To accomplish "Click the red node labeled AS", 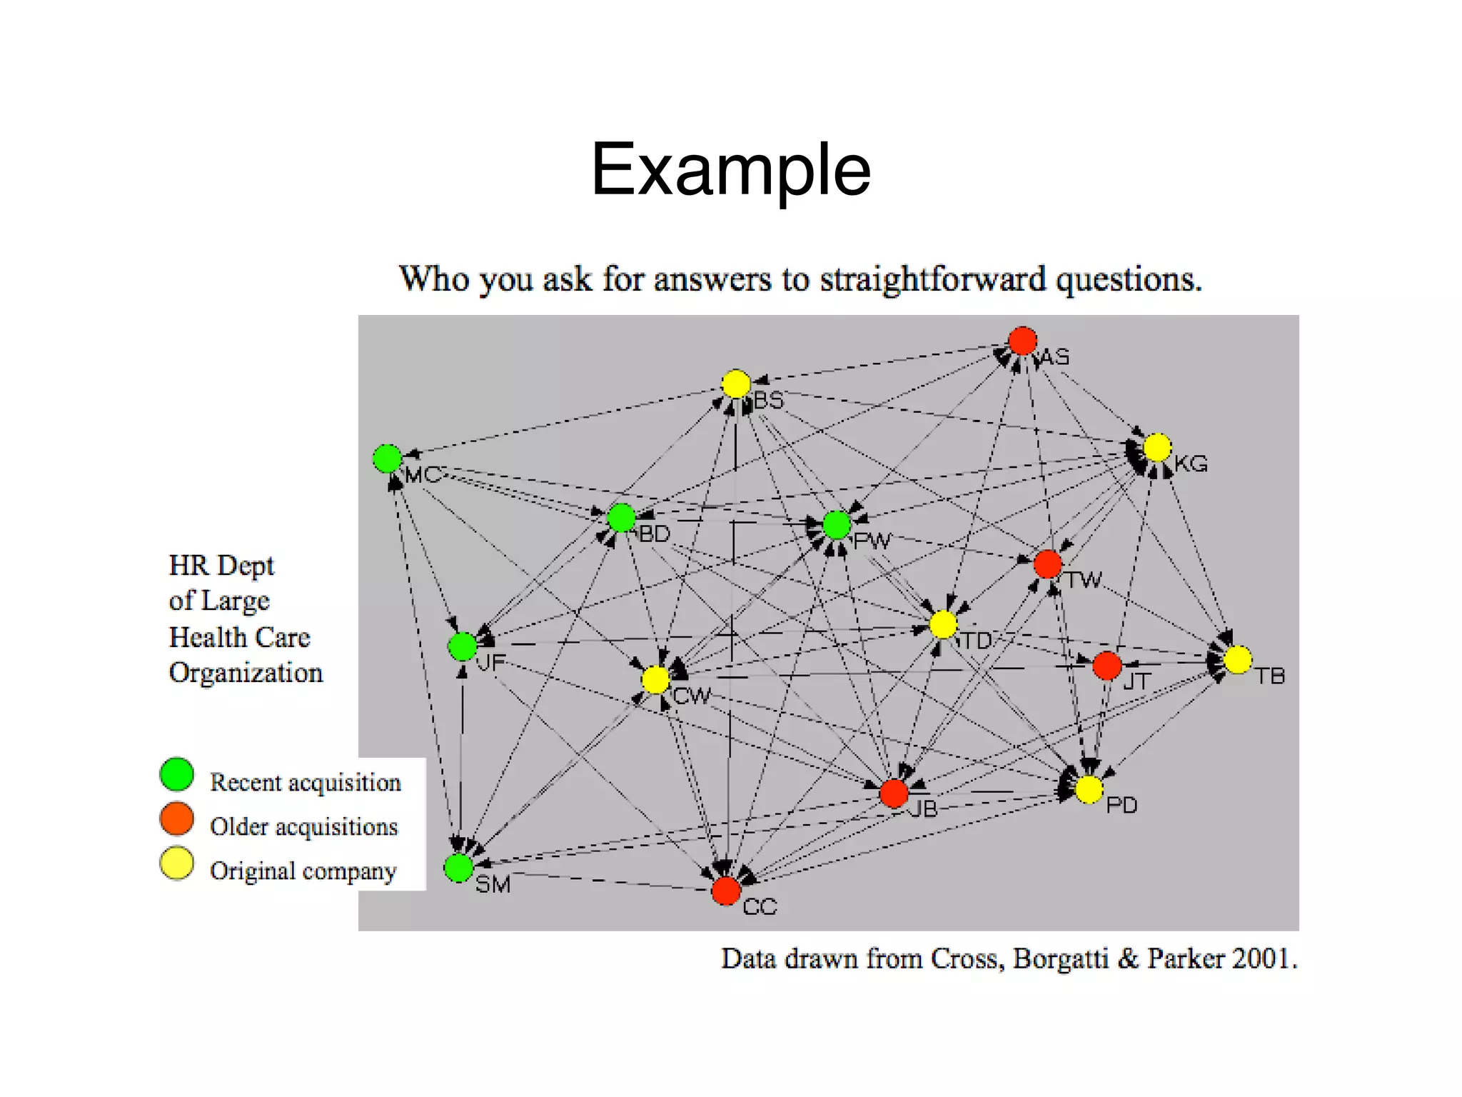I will (x=1022, y=341).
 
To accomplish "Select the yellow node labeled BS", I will (x=735, y=384).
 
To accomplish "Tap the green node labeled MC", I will (x=387, y=459).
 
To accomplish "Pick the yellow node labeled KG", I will (x=1156, y=448).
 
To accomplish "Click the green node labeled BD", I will (x=621, y=518).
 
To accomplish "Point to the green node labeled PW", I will (x=837, y=525).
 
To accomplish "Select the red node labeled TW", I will (x=1047, y=564).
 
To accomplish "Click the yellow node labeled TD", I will (x=943, y=624).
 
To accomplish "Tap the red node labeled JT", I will (x=1106, y=666).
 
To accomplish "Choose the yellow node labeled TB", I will (x=1237, y=659).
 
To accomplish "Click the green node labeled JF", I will (x=462, y=646).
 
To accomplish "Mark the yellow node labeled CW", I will (x=655, y=680).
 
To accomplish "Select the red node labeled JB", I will (x=894, y=793).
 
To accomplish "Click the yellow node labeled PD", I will (x=1089, y=790).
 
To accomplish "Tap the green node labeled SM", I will (x=458, y=868).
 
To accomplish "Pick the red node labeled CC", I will (x=725, y=891).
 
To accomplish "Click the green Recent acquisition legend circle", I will (x=177, y=775).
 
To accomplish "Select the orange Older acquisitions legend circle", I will (x=177, y=818).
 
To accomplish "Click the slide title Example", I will (x=730, y=170).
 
